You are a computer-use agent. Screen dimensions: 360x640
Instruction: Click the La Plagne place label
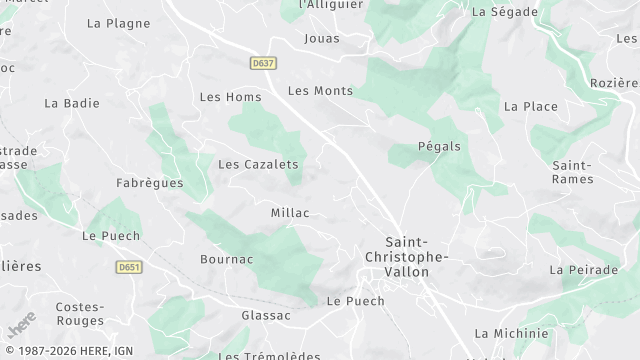tap(119, 23)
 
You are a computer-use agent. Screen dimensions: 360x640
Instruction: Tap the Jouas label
tap(322, 39)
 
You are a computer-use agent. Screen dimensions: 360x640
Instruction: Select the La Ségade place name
tap(505, 12)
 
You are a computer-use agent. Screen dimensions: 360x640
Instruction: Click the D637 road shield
tap(263, 63)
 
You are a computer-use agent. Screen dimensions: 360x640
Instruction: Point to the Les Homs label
tap(230, 97)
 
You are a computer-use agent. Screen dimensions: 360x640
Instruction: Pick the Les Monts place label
tap(320, 91)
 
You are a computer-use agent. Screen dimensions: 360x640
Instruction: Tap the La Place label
tap(530, 106)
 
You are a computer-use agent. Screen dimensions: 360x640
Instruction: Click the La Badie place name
tap(66, 103)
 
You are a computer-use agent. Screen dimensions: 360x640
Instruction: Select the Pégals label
tap(439, 146)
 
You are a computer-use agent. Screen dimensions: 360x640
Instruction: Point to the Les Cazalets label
tap(258, 164)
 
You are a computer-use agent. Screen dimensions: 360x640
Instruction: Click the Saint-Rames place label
tap(573, 172)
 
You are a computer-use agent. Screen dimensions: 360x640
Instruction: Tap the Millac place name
tap(290, 213)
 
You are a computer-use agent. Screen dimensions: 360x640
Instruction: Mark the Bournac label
tap(226, 260)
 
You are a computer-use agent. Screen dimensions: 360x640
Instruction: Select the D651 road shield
tap(128, 267)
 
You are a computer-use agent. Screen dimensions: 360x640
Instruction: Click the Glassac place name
tap(266, 315)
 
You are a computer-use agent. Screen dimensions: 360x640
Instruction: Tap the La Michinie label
tap(511, 333)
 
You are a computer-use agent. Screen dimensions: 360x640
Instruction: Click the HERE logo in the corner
tap(21, 325)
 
